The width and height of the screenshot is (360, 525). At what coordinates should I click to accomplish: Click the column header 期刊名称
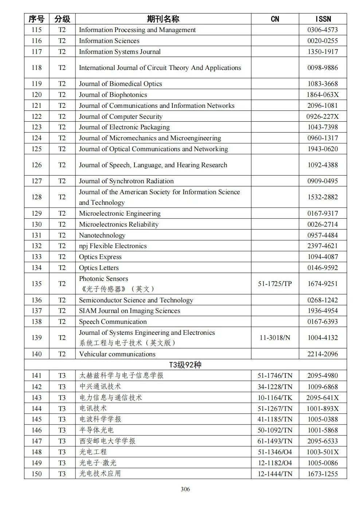tap(163, 19)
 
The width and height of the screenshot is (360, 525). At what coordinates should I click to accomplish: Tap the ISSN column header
tap(322, 19)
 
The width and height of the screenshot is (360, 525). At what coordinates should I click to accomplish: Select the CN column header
tap(275, 19)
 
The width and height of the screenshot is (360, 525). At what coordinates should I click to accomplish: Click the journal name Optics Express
tap(100, 257)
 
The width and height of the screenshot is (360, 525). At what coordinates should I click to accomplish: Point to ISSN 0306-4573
tap(322, 30)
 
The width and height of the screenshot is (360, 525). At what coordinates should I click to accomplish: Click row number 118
tap(36, 68)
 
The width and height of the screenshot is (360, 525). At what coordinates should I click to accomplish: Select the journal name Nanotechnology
tap(102, 235)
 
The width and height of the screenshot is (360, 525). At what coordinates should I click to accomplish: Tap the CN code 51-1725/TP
tap(275, 284)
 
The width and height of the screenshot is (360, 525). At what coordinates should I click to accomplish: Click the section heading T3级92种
tap(185, 365)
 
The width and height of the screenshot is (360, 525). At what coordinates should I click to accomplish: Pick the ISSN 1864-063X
tap(322, 95)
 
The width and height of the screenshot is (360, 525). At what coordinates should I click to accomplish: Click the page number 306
tap(185, 489)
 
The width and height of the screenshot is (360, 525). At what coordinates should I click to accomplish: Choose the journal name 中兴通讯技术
tap(100, 387)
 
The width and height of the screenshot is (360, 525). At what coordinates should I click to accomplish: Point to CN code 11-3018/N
tap(275, 338)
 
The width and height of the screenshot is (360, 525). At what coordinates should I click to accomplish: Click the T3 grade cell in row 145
tap(62, 419)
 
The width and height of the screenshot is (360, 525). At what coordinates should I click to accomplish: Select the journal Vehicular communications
tap(117, 354)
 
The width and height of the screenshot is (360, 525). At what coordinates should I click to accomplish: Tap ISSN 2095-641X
tap(322, 398)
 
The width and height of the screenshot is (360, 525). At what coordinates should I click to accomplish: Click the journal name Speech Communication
tap(113, 322)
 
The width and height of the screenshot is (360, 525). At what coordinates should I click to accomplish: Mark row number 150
tap(36, 474)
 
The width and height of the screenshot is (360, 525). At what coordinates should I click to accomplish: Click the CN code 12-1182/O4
tap(275, 463)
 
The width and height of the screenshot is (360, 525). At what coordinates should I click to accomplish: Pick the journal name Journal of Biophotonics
tap(113, 95)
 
